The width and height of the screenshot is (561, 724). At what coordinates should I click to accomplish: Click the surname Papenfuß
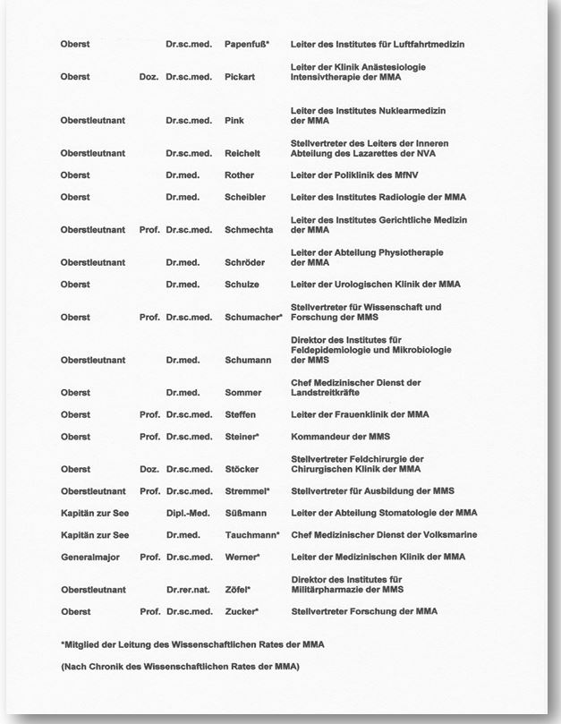click(x=246, y=44)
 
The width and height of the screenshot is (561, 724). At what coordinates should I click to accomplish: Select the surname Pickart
click(x=240, y=77)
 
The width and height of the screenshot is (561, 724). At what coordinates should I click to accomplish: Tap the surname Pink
click(x=234, y=120)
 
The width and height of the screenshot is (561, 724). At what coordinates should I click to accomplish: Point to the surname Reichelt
click(x=243, y=153)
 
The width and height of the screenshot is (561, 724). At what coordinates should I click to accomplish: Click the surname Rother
click(x=239, y=175)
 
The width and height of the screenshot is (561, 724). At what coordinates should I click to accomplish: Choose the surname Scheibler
click(x=245, y=197)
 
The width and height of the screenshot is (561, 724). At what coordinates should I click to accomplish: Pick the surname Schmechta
click(x=249, y=230)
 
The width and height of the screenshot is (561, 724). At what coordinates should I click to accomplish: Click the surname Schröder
click(x=245, y=262)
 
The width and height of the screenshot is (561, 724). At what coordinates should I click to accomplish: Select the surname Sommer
click(x=243, y=393)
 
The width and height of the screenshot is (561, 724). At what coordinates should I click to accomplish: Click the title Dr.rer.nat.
click(x=189, y=590)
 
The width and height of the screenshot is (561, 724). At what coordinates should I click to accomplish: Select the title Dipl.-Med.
click(x=188, y=513)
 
